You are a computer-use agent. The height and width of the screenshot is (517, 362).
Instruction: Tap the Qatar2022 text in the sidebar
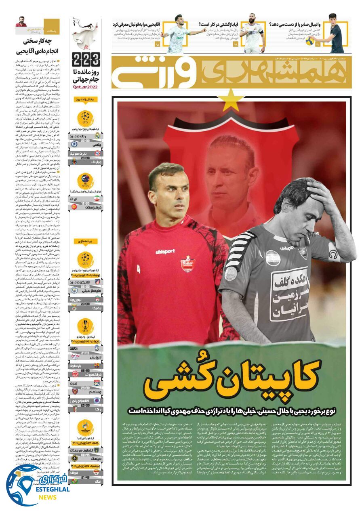(x=85, y=86)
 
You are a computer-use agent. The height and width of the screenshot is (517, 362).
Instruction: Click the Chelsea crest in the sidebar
(x=74, y=144)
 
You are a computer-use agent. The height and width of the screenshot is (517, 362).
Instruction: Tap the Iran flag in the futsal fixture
(x=97, y=199)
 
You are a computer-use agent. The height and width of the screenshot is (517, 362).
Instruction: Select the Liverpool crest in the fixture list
(x=97, y=298)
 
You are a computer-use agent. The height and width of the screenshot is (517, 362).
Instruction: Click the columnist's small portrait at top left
(x=21, y=22)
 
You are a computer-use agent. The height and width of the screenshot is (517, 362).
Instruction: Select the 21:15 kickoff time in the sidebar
(x=85, y=353)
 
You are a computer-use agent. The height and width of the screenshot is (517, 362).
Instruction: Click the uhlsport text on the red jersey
(x=165, y=251)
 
